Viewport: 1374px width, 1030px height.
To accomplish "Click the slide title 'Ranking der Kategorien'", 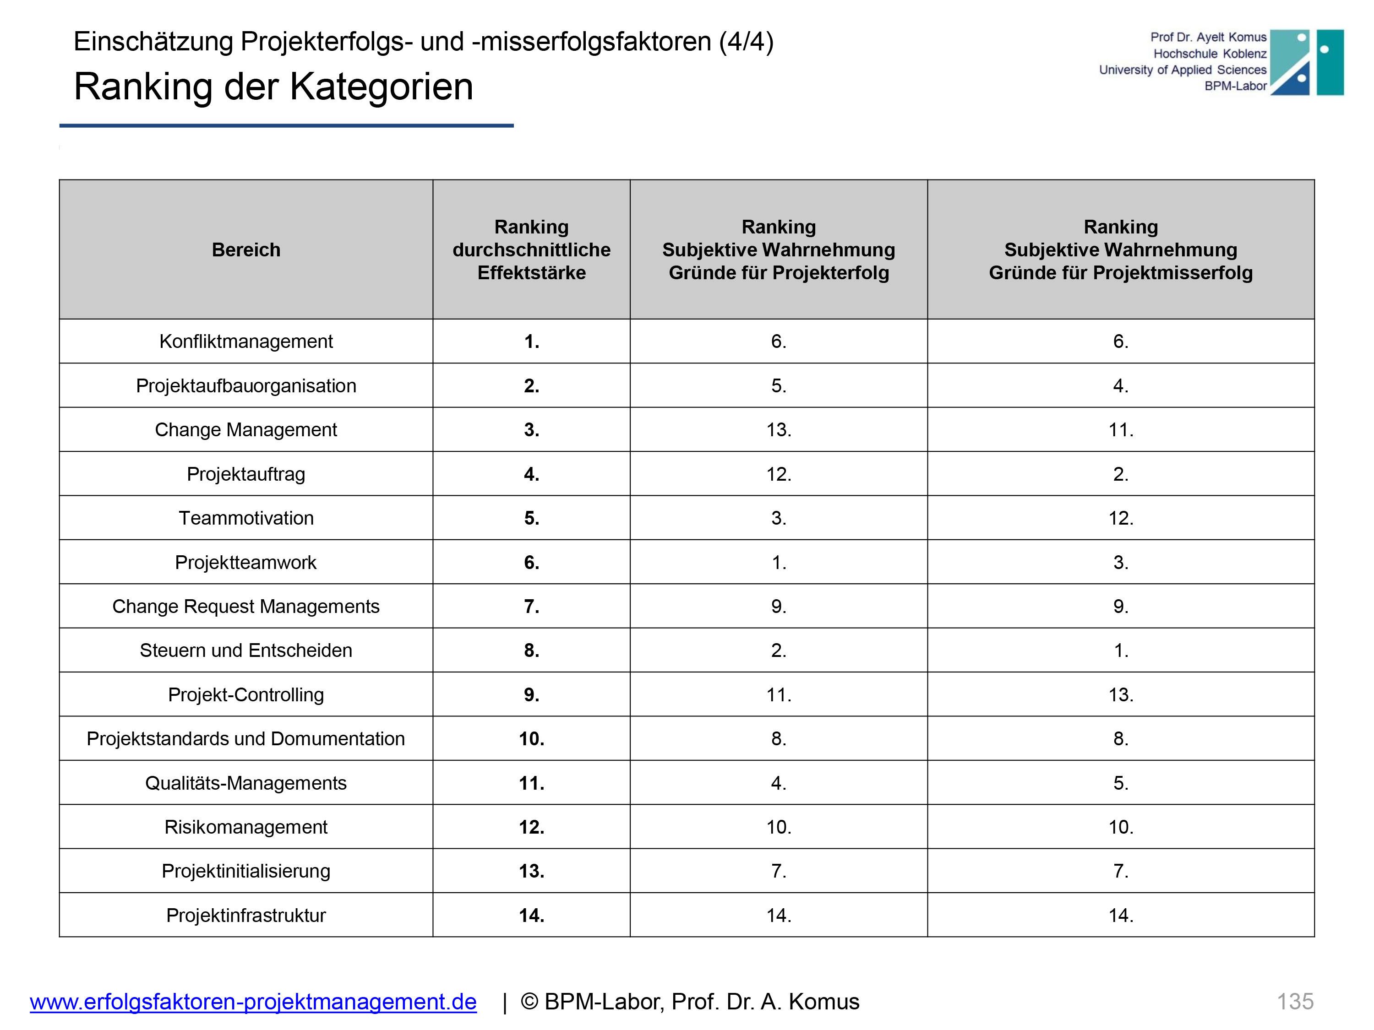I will pyautogui.click(x=273, y=87).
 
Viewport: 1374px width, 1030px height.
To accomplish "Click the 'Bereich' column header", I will pyautogui.click(x=246, y=249).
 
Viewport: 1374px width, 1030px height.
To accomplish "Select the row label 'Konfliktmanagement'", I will pyautogui.click(x=246, y=342).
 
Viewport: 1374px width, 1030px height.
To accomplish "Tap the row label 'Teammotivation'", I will pyautogui.click(x=246, y=518).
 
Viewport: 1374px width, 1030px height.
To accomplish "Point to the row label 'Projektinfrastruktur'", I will pyautogui.click(x=246, y=915).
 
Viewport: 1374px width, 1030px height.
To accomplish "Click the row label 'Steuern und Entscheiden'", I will pyautogui.click(x=246, y=650).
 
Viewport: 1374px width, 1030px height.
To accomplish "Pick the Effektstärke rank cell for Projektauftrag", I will pyautogui.click(x=531, y=474).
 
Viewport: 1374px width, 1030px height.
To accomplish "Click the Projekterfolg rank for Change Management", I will pyautogui.click(x=778, y=430).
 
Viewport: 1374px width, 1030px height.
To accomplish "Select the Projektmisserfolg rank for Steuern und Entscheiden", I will pyautogui.click(x=1121, y=650).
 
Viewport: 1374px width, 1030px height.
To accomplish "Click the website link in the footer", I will pyautogui.click(x=253, y=1002).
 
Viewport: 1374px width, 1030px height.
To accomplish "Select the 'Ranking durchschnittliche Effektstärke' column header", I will pyautogui.click(x=531, y=249).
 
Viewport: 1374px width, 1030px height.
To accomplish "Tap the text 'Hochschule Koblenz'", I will pyautogui.click(x=1210, y=54).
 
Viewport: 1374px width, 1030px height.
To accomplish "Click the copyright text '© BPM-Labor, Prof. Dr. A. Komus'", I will pyautogui.click(x=689, y=1002).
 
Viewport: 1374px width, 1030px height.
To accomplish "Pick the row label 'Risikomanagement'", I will pyautogui.click(x=246, y=827).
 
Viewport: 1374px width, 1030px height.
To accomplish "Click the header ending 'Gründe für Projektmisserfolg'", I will pyautogui.click(x=1121, y=249).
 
